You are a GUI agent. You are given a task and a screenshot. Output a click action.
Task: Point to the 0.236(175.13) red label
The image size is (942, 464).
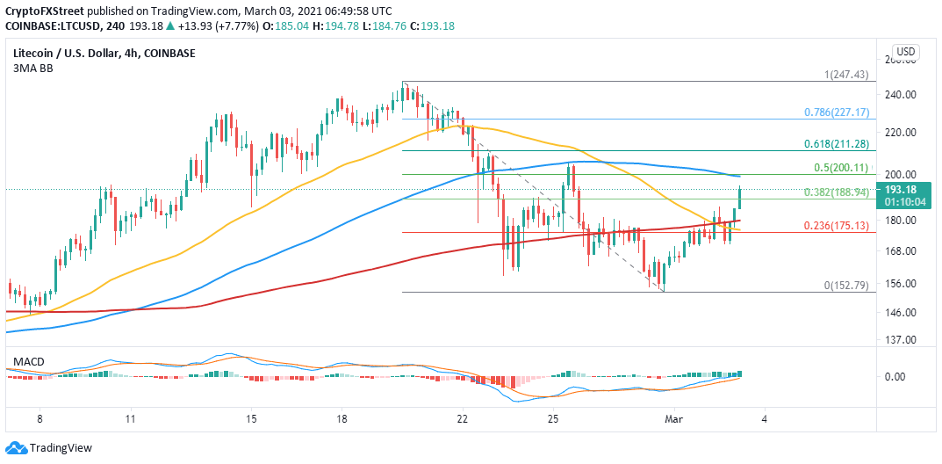(837, 226)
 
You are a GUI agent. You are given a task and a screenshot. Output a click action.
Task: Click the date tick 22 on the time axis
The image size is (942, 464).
(463, 419)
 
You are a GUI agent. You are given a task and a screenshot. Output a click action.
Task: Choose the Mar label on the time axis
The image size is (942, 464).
(672, 419)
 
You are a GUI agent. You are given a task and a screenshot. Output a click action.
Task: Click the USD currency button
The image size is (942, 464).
(905, 51)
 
